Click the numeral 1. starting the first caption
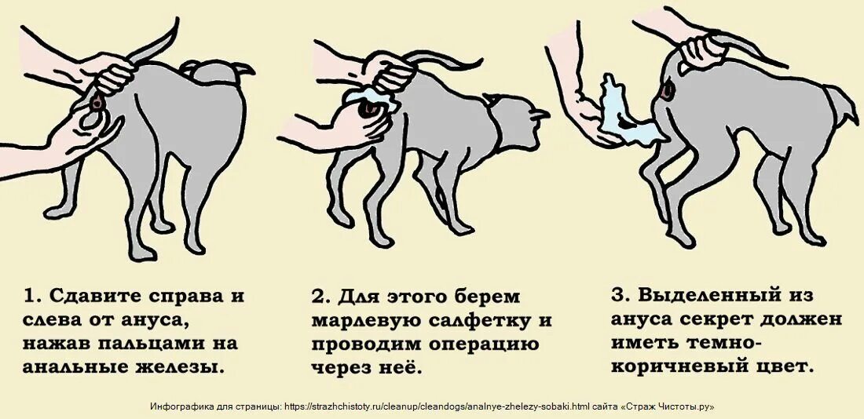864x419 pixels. coord(31,297)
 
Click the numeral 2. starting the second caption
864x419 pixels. coord(320,297)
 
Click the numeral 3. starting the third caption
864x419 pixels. coord(619,296)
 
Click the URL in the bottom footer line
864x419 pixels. coord(436,406)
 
